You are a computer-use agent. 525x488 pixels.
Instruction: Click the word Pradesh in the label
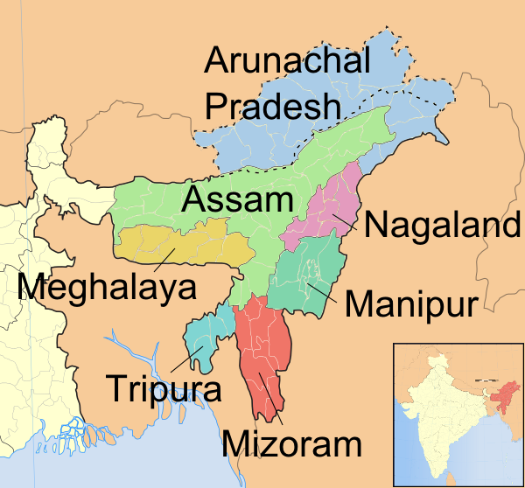click(272, 107)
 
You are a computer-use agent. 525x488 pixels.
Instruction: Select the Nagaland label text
click(442, 226)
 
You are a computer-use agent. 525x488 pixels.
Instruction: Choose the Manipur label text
click(410, 305)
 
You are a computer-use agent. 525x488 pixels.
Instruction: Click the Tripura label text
click(164, 387)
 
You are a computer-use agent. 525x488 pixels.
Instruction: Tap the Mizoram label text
click(292, 443)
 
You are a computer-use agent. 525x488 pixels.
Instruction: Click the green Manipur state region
click(302, 271)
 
